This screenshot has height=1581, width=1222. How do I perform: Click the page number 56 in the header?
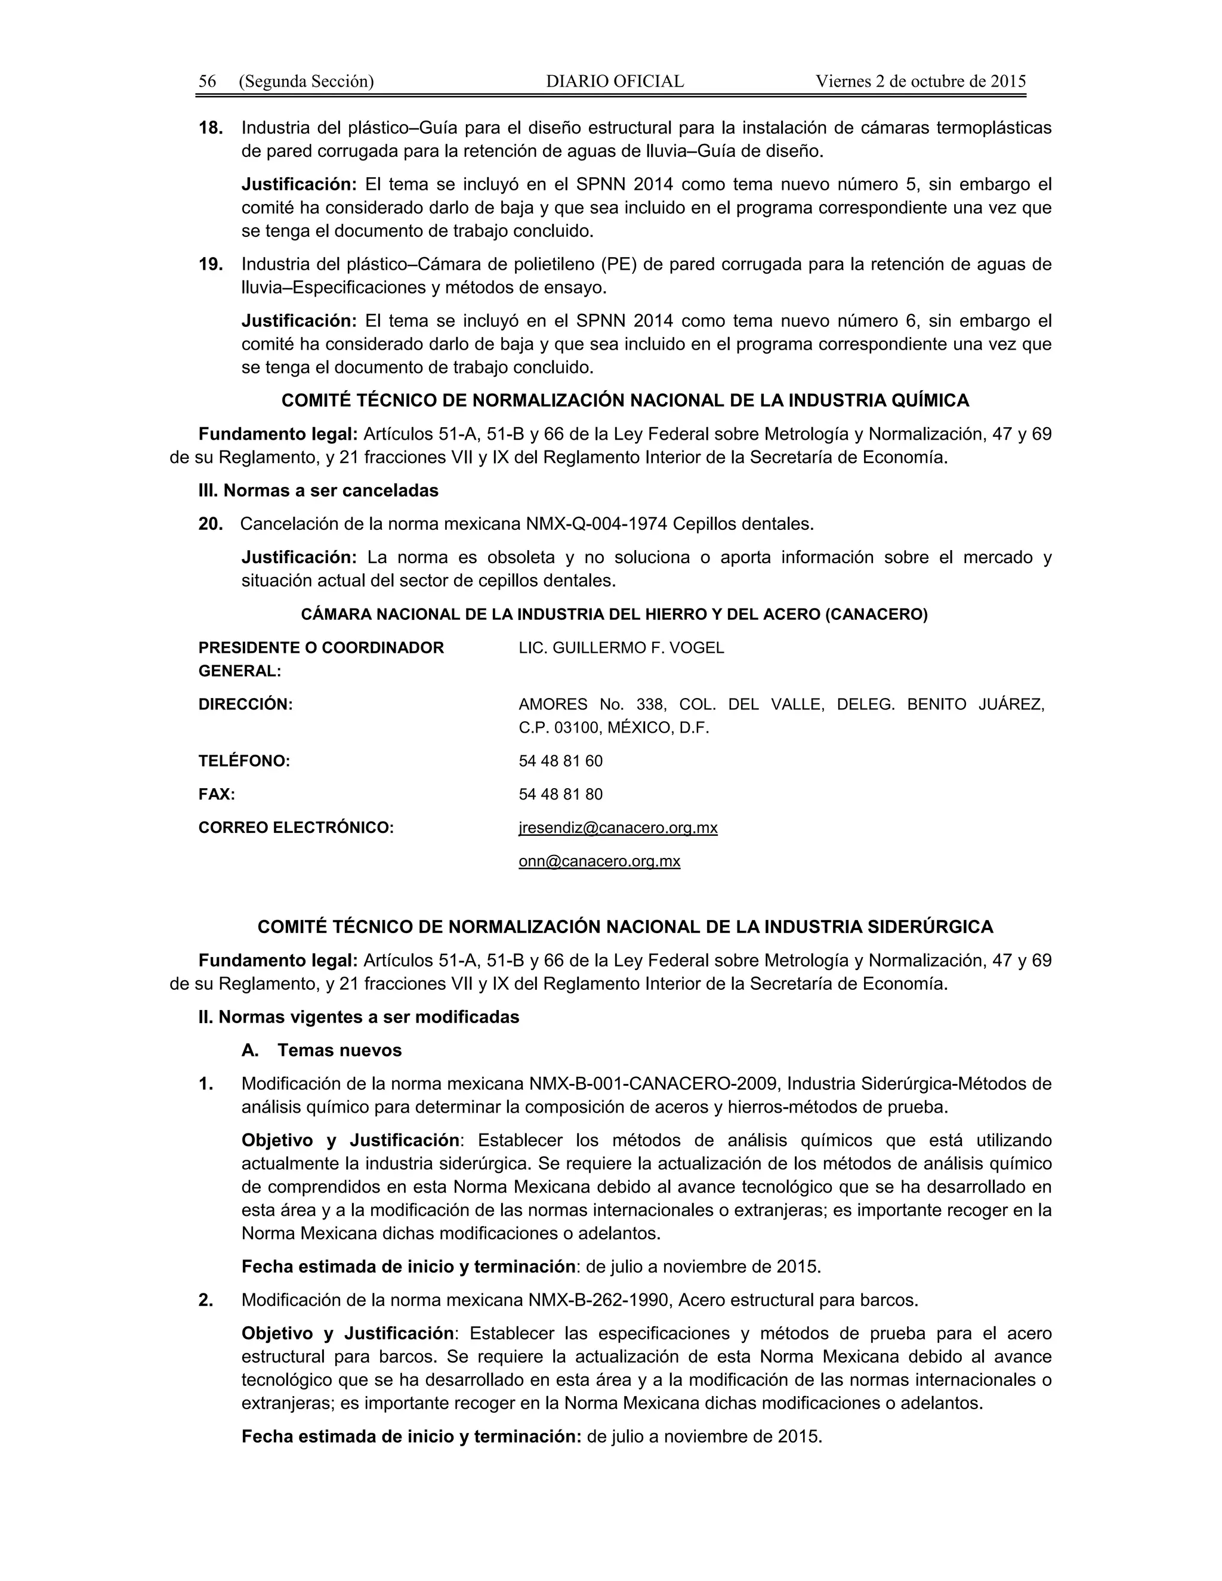207,81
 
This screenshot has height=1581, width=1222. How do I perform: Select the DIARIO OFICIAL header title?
614,81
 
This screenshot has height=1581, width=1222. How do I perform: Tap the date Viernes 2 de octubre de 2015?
920,81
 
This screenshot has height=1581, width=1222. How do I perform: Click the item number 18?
211,128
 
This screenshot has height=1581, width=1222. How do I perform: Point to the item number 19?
211,264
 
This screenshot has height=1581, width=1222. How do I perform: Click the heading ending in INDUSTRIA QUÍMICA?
625,400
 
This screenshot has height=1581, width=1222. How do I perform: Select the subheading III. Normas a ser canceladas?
319,491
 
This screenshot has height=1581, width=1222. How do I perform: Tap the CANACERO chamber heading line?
614,615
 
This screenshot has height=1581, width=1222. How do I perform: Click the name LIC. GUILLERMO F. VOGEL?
621,648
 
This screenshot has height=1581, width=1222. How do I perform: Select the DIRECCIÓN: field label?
245,705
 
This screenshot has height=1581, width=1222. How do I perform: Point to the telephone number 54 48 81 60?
560,761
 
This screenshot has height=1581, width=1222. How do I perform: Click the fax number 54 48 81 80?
560,794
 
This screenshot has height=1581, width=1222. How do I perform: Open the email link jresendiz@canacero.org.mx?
618,827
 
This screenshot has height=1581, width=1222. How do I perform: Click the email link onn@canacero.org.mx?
598,861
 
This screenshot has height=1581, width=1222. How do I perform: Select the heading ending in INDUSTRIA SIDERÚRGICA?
625,927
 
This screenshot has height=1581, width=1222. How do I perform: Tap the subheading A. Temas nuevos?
322,1051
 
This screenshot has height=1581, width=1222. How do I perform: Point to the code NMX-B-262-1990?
598,1300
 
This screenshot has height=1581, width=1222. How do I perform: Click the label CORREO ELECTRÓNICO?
296,827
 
